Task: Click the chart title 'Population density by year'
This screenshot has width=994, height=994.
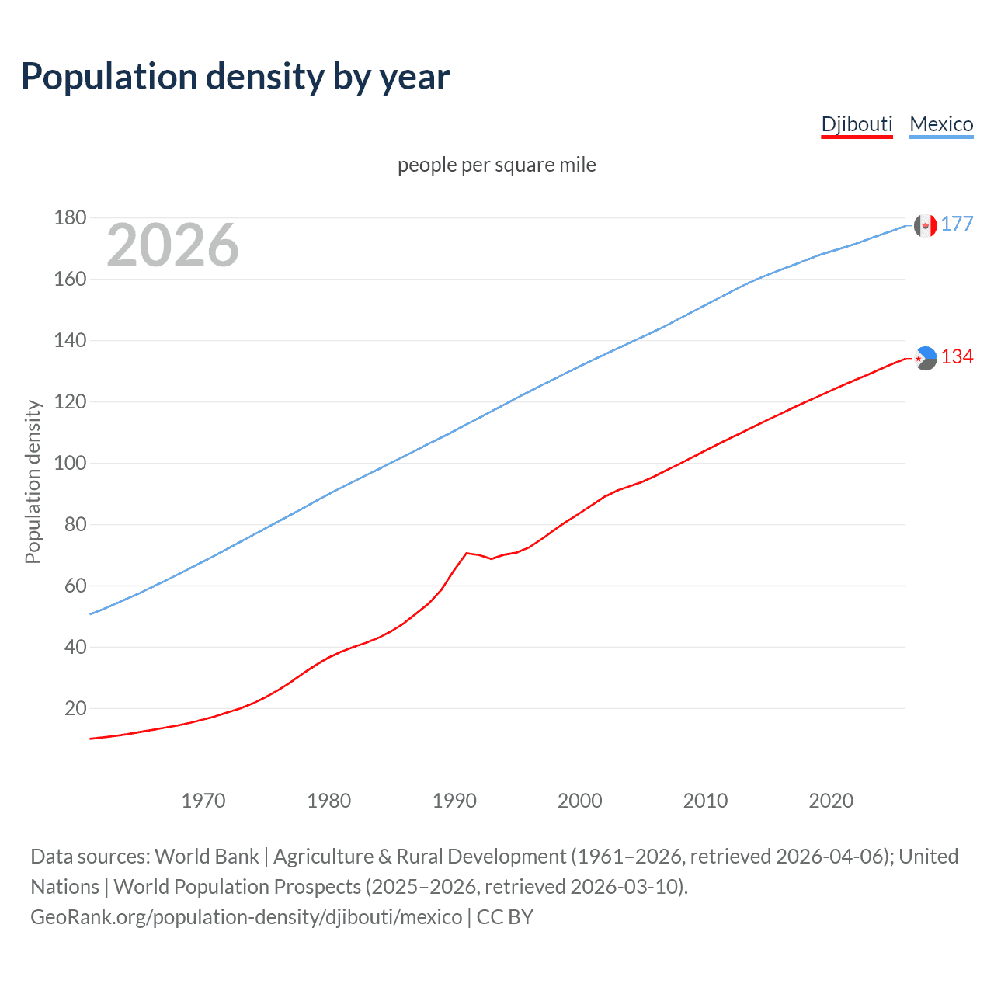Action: (235, 77)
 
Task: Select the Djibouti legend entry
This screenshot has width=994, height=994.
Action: (857, 124)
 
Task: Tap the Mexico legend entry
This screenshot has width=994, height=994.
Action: (941, 124)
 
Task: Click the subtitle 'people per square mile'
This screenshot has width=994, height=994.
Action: (496, 165)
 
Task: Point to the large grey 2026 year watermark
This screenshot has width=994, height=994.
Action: (172, 245)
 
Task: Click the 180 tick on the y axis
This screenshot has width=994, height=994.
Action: (70, 217)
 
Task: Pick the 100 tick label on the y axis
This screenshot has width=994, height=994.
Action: (70, 463)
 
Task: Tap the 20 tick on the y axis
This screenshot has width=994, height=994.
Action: (75, 708)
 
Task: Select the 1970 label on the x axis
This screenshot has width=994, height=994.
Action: (203, 801)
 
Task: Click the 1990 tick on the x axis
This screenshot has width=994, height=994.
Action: (454, 801)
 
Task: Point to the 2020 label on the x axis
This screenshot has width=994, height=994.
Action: (831, 801)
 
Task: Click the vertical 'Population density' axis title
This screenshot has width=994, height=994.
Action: (33, 481)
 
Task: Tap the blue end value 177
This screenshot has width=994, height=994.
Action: (957, 224)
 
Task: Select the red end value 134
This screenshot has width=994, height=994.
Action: (957, 356)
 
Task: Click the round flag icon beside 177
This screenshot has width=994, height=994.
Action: (925, 225)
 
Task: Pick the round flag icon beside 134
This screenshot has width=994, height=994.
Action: (925, 358)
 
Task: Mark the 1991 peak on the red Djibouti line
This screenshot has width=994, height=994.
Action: (466, 553)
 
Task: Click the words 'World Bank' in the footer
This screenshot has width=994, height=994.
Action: (207, 857)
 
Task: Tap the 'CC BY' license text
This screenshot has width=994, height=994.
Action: (505, 917)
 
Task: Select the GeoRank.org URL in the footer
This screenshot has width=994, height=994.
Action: (246, 917)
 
